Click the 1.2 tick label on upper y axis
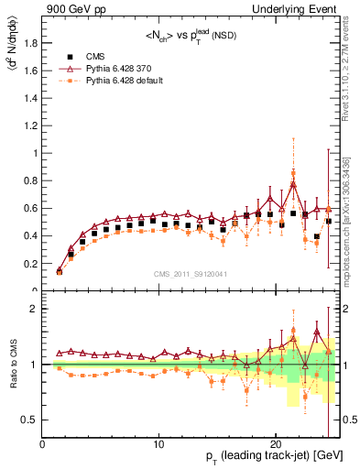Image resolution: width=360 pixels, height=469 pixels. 30,125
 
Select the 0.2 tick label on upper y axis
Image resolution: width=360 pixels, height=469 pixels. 30,263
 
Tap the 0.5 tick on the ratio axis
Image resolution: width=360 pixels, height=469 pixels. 30,420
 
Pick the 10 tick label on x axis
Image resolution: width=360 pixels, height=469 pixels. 159,443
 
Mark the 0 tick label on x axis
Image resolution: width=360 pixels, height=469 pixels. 43,443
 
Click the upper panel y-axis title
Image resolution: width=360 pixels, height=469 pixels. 11,55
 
